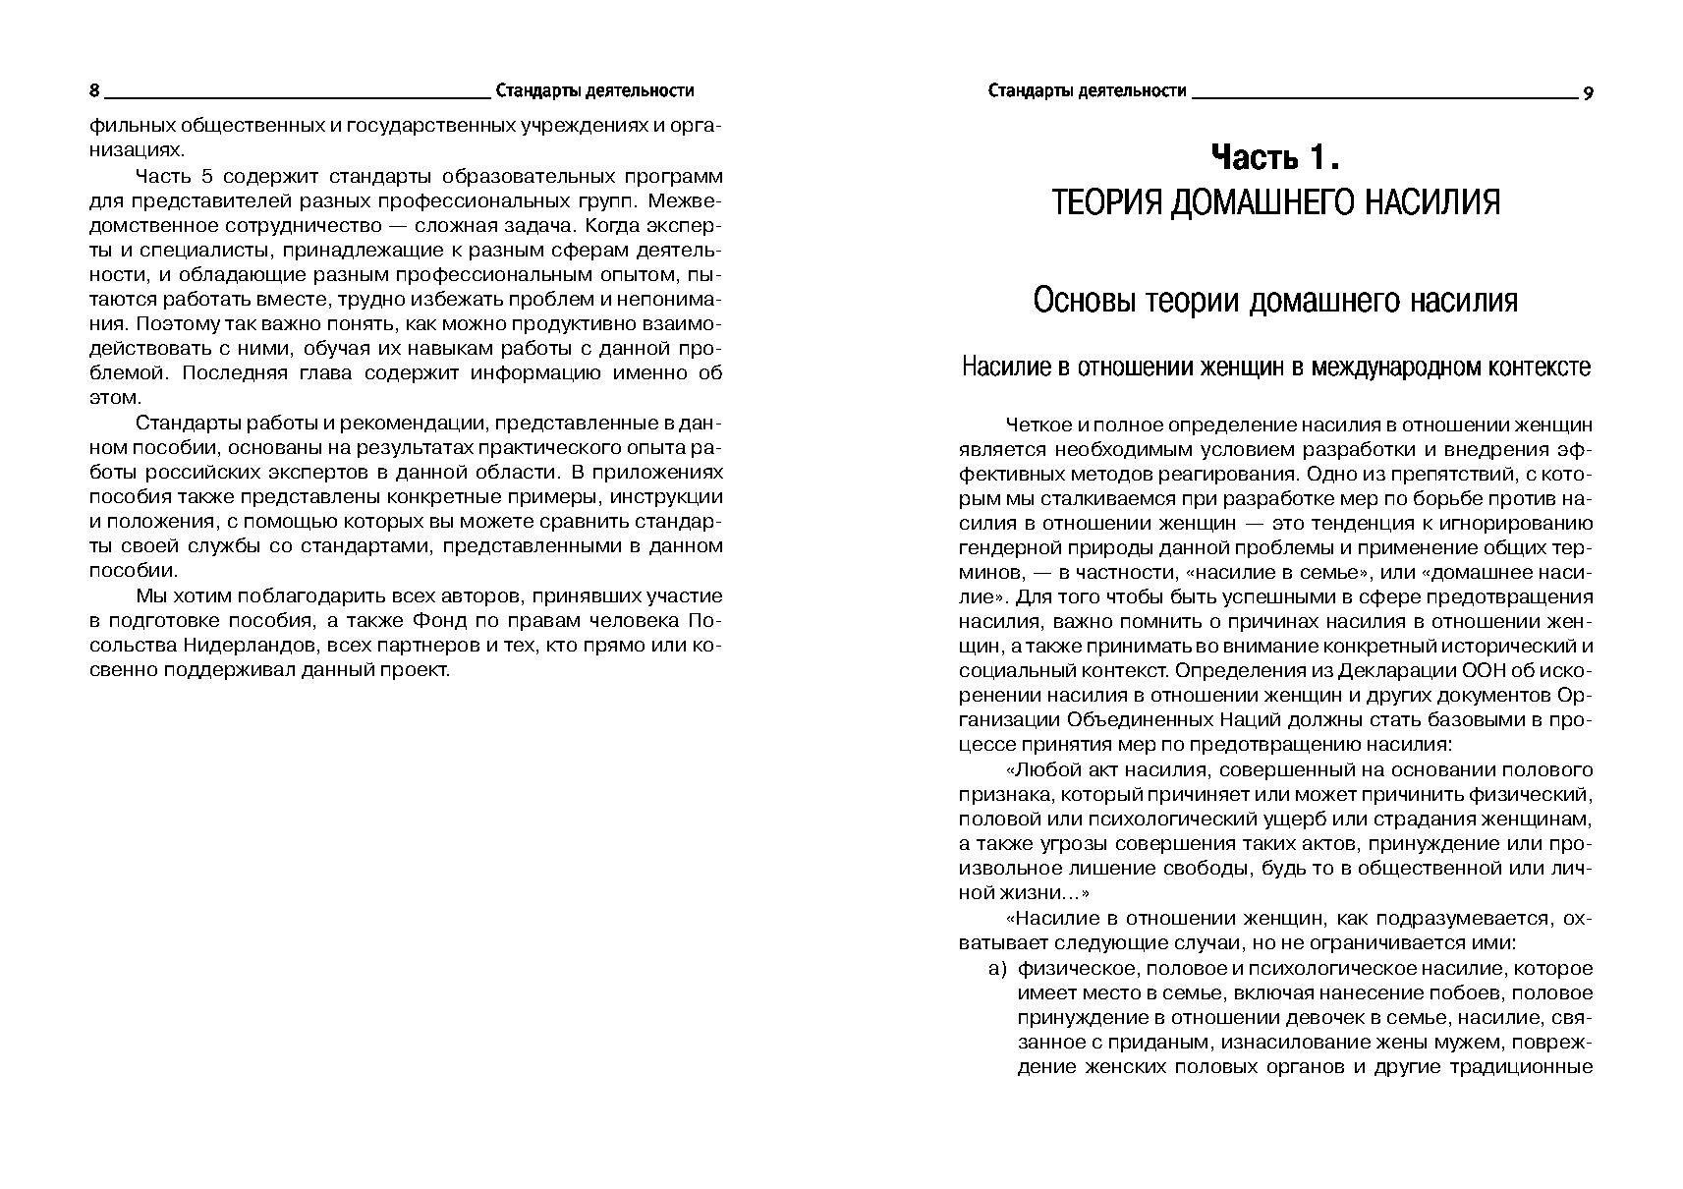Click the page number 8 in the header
(x=94, y=91)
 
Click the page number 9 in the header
(x=1588, y=93)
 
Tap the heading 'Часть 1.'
(x=1274, y=157)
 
